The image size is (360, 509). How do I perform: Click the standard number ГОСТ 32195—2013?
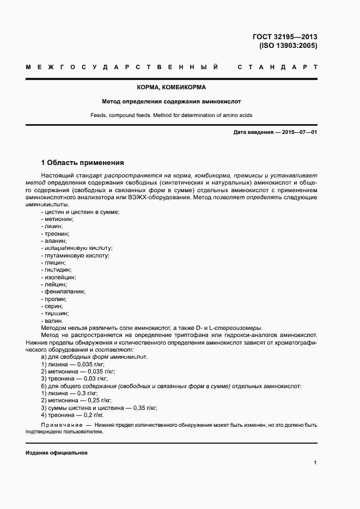[x=284, y=36]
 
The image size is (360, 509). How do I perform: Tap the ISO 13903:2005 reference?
[x=288, y=46]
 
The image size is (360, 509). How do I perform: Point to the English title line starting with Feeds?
[x=171, y=115]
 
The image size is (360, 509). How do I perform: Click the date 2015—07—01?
[x=298, y=132]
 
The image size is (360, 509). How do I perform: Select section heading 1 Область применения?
[x=83, y=162]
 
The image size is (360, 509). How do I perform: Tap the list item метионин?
[x=54, y=218]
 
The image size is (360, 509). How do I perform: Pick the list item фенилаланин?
[x=65, y=291]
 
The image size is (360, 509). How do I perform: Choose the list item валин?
[x=53, y=321]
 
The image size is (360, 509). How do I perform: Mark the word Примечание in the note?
[x=60, y=424]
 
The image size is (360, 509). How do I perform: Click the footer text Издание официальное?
[x=57, y=453]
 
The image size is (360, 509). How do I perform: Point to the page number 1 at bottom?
[x=315, y=462]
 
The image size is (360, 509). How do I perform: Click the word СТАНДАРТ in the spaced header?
[x=277, y=67]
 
